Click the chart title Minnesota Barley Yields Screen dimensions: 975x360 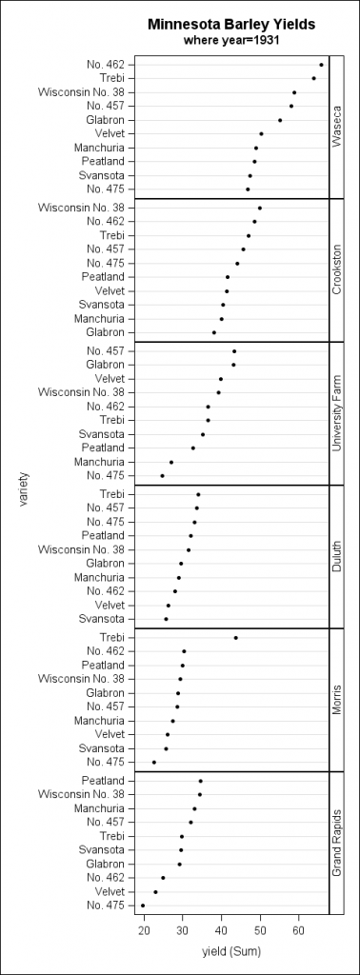coord(230,24)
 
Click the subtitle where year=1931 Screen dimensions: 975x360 coord(230,40)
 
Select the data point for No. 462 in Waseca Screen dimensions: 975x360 coord(321,65)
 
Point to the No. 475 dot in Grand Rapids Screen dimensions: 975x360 coord(143,905)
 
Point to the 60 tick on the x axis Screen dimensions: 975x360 coord(298,929)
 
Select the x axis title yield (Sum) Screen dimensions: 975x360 coord(230,951)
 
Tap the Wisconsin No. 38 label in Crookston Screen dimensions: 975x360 coord(81,208)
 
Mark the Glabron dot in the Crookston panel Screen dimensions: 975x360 coord(213,332)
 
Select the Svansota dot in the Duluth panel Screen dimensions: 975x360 coord(166,619)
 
